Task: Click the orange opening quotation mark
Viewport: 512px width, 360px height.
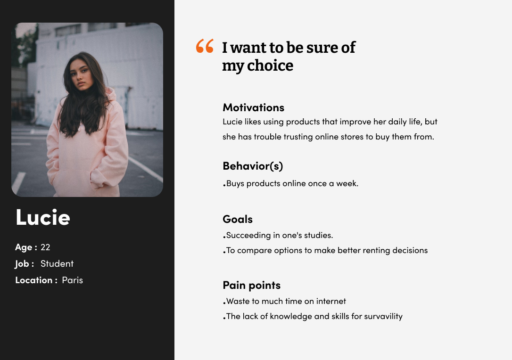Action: point(205,46)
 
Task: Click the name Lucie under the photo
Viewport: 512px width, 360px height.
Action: point(43,217)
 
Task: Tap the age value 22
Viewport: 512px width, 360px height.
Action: point(45,247)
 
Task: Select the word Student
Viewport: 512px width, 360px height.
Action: point(57,264)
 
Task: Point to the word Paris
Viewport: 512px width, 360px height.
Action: point(73,280)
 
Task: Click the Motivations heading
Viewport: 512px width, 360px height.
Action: point(253,107)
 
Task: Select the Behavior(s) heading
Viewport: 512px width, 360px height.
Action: point(253,166)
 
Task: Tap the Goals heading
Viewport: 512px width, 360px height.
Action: point(238,219)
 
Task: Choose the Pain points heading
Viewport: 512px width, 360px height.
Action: point(251,285)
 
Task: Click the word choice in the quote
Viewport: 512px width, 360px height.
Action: point(270,65)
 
